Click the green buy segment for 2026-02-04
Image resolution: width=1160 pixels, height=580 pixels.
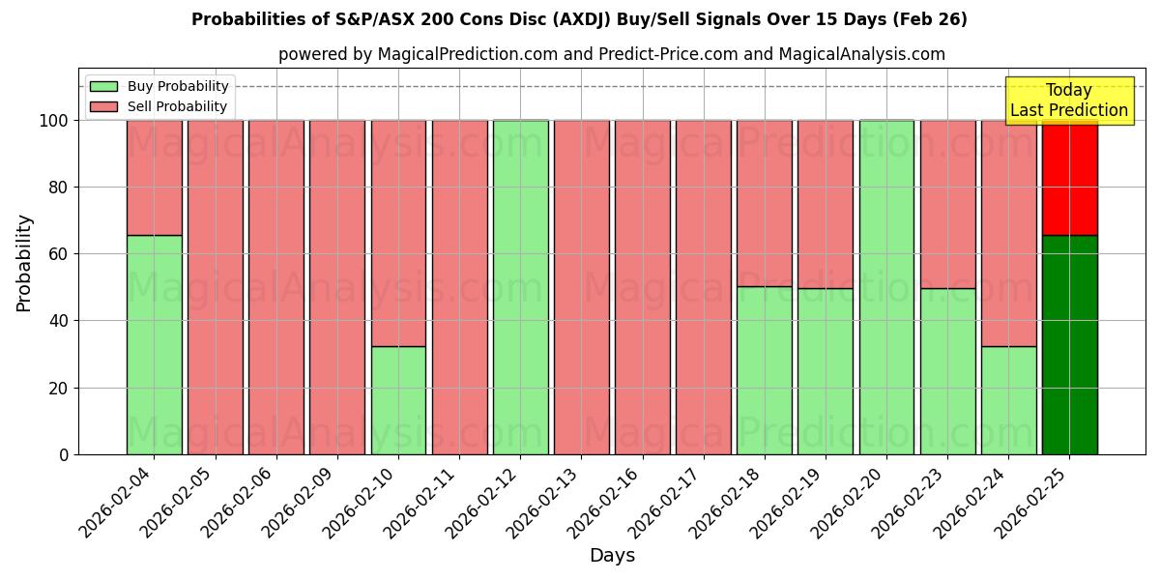tap(154, 344)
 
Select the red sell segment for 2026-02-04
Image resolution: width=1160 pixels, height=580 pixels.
tap(154, 178)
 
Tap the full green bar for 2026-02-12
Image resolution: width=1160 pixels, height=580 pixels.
tap(520, 287)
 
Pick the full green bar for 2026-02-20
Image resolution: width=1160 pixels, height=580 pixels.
tap(886, 287)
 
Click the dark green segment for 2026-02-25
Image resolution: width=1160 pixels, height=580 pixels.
tap(1069, 344)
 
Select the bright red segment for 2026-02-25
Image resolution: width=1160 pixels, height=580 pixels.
tap(1069, 178)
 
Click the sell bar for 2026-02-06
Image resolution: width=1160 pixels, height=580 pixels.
tap(276, 287)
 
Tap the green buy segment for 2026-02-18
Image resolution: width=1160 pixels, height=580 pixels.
tap(765, 370)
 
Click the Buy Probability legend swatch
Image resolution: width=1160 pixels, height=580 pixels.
tap(103, 86)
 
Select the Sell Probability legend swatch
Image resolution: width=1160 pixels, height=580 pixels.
tap(103, 106)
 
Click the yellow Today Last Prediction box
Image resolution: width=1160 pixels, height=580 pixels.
tap(1068, 101)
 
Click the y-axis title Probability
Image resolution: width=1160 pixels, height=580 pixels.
tap(24, 263)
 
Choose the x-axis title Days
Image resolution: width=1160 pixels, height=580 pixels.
tap(612, 556)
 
